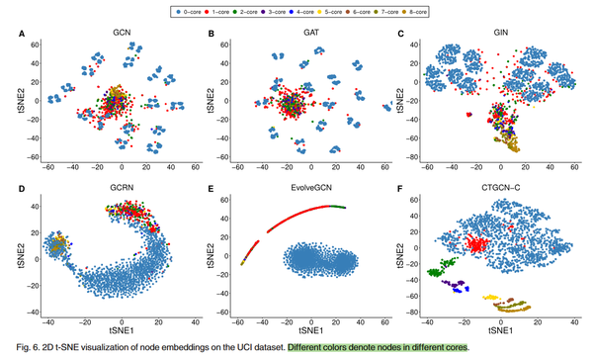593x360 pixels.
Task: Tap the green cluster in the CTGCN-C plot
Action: (436, 268)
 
